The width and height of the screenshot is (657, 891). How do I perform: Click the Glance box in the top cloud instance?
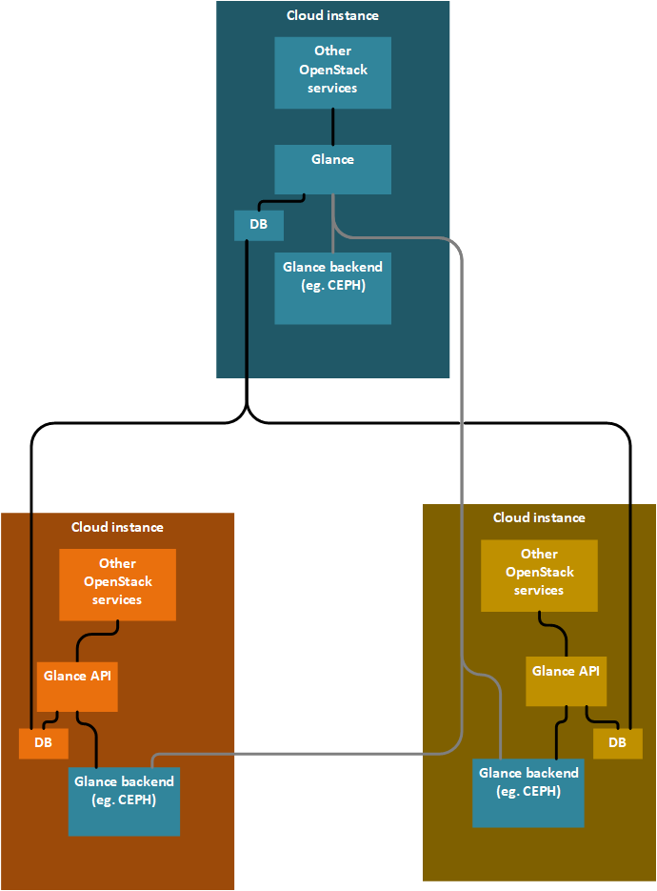(332, 170)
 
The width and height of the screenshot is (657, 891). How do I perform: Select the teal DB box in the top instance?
(258, 226)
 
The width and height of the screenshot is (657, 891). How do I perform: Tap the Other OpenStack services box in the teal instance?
(332, 72)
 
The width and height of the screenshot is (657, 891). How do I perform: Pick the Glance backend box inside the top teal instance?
(332, 288)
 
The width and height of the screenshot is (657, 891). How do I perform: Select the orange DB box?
(43, 743)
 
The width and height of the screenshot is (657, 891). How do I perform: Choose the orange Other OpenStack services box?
(117, 584)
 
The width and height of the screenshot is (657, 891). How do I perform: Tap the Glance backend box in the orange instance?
(124, 800)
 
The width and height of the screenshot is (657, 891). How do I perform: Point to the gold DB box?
(617, 743)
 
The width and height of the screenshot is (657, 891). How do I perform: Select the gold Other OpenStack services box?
(539, 576)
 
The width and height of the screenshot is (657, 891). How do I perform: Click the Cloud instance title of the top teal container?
(332, 16)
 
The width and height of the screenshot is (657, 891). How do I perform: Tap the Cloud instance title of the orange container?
(117, 527)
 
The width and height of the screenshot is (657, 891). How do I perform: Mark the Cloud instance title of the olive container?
(539, 517)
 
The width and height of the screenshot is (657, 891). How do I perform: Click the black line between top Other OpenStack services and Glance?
(332, 126)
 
